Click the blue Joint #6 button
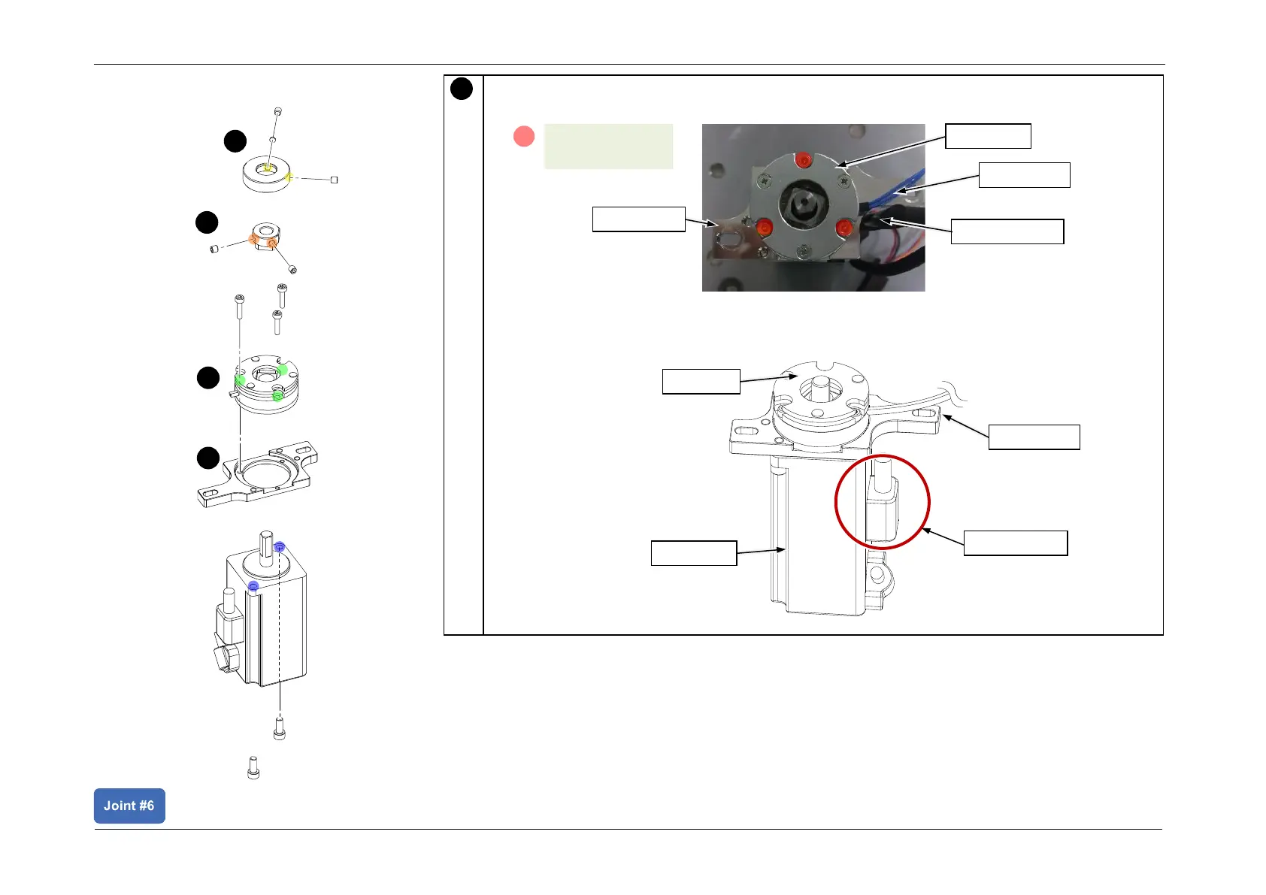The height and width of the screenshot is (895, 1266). [129, 806]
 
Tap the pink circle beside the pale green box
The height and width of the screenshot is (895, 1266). [523, 136]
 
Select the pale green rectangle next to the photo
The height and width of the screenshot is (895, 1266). [607, 146]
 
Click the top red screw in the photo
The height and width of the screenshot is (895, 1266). [803, 159]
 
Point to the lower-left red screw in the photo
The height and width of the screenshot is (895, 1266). [765, 227]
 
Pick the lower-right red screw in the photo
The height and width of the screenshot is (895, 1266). [843, 226]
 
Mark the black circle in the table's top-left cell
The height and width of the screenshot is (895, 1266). [462, 89]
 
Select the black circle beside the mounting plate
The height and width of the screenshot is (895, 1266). [208, 458]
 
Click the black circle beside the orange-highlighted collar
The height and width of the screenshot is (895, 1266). [207, 222]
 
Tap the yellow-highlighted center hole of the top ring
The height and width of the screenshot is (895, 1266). [265, 168]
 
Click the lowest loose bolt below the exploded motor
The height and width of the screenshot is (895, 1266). [253, 768]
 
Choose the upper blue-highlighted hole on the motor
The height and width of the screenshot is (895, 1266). [280, 546]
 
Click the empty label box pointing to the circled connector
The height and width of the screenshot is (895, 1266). [1015, 543]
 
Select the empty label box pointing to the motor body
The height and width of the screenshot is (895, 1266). [693, 552]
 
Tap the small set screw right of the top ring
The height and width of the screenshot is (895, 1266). [335, 180]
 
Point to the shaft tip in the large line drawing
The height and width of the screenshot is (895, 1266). [819, 385]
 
